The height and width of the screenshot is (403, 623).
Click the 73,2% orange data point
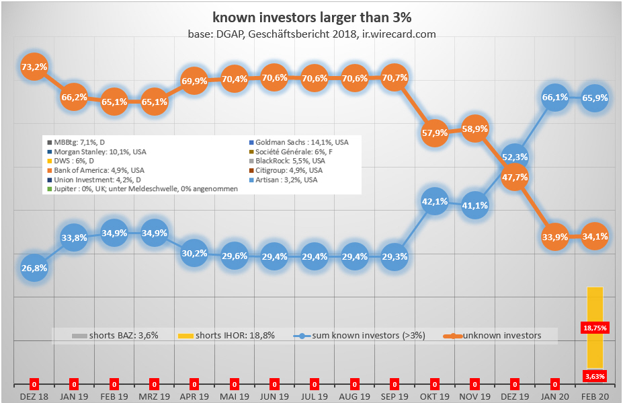tap(34, 67)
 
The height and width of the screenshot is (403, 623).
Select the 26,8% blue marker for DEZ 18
tap(34, 268)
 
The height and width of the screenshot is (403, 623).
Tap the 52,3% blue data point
tap(515, 157)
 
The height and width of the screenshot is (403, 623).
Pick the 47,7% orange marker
tap(515, 178)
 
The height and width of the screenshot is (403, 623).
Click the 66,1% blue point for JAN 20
tap(555, 97)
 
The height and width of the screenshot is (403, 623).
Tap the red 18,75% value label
tap(595, 327)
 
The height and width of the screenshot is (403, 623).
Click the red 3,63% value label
tap(595, 375)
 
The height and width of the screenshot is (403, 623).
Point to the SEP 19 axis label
tap(394, 397)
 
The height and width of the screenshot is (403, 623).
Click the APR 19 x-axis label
tap(194, 397)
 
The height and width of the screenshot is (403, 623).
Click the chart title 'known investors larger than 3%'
tap(312, 17)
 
